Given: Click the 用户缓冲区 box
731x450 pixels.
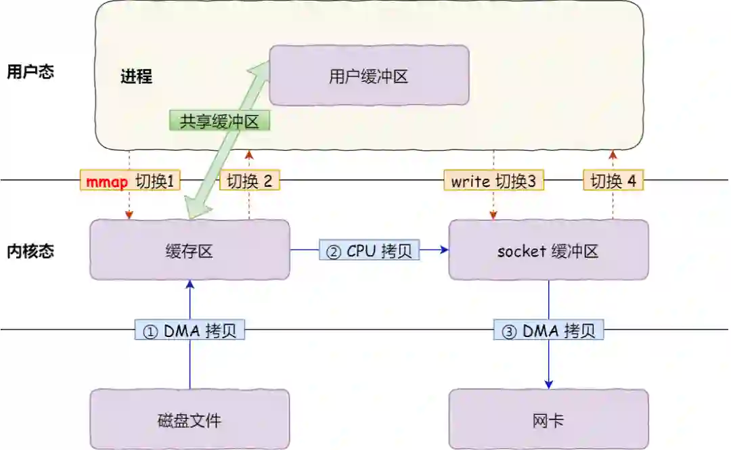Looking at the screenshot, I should pyautogui.click(x=369, y=75).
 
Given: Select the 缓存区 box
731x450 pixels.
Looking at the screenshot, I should pyautogui.click(x=190, y=250).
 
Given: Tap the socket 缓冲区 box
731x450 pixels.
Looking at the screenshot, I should pyautogui.click(x=548, y=250).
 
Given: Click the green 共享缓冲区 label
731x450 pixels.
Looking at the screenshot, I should pyautogui.click(x=219, y=121).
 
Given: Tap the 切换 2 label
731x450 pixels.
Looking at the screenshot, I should pyautogui.click(x=249, y=181).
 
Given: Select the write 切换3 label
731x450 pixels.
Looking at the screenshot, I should pyautogui.click(x=493, y=181).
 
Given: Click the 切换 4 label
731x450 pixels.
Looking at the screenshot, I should pyautogui.click(x=613, y=181).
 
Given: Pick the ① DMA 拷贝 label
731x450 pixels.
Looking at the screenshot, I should pyautogui.click(x=190, y=331).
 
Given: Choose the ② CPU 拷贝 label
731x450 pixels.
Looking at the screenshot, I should pyautogui.click(x=369, y=250).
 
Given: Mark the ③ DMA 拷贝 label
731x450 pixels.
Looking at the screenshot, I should pyautogui.click(x=548, y=331).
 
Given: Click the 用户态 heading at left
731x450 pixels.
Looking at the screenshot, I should pyautogui.click(x=30, y=72).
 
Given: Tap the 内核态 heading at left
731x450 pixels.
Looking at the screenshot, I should pyautogui.click(x=30, y=251).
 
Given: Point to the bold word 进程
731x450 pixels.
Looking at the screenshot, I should pyautogui.click(x=136, y=76).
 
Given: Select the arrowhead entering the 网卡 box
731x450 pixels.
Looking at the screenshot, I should pyautogui.click(x=548, y=384).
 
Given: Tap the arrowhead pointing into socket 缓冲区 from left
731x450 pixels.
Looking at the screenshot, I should pyautogui.click(x=444, y=250).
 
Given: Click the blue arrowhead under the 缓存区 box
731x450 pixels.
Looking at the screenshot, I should pyautogui.click(x=190, y=285).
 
